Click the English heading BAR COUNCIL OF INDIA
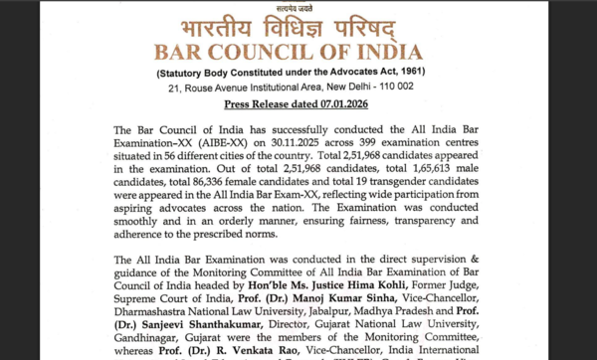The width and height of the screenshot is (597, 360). coord(298,52)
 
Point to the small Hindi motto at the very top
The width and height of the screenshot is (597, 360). coord(298,5)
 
